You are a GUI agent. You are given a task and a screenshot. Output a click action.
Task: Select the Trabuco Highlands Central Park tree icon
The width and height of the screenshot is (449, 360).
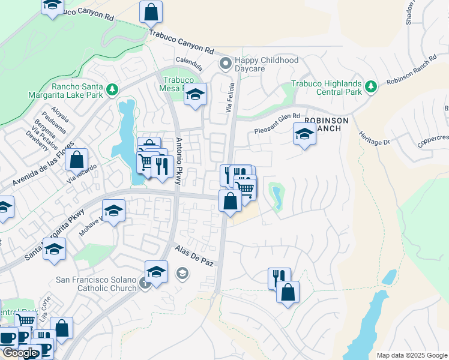371,86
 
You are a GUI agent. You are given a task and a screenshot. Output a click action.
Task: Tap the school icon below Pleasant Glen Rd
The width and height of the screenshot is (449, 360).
304,134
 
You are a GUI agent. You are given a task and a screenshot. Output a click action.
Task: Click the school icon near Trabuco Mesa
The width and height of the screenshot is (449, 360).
195,95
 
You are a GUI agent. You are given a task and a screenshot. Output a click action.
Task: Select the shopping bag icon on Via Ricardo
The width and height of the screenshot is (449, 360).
77,160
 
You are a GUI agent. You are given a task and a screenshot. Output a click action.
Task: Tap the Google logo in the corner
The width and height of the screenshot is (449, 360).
20,353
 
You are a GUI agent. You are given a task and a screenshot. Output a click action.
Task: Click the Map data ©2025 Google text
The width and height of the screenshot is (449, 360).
411,355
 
